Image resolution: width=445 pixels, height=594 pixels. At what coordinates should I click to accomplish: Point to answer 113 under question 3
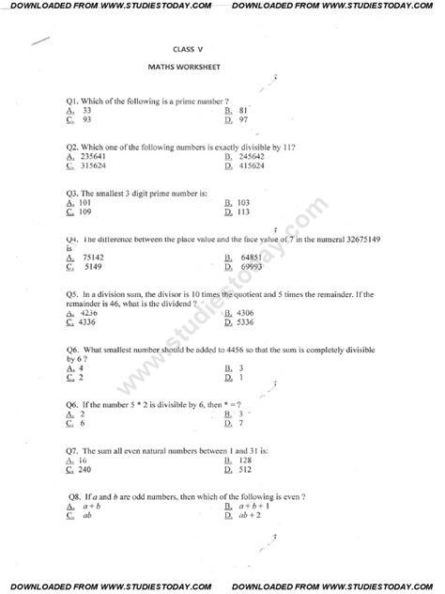pos(247,212)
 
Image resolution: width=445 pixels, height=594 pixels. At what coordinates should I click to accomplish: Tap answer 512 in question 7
pos(245,469)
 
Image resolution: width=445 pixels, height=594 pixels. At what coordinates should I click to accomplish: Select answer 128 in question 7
pos(245,460)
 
